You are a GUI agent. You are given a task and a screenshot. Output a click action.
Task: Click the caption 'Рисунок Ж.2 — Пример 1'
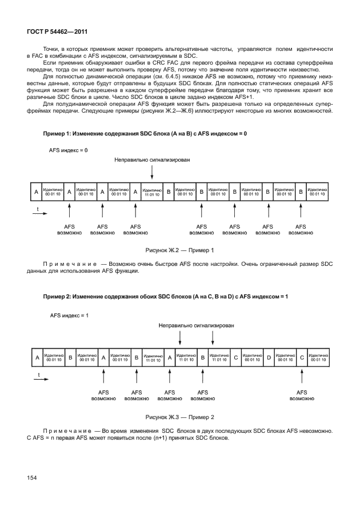click(x=180, y=250)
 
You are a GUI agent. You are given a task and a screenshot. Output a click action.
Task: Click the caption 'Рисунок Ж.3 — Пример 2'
click(x=180, y=417)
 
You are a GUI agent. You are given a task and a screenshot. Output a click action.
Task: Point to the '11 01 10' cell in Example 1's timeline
click(x=152, y=193)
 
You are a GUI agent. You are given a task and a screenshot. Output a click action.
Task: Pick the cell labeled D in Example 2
click(x=269, y=358)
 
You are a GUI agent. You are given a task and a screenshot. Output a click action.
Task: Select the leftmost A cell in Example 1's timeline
click(x=36, y=193)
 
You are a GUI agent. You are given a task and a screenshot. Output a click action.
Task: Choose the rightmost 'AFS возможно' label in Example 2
click(x=302, y=396)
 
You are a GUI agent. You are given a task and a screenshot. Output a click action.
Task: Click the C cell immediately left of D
click(x=235, y=358)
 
